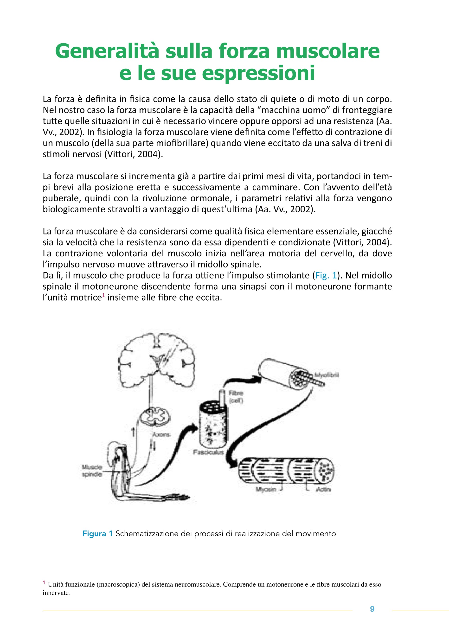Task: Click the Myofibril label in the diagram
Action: point(327,375)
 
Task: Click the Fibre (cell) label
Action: point(236,397)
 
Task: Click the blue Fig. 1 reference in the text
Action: point(326,276)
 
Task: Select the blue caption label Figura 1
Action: point(97,534)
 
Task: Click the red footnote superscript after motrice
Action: point(103,296)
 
